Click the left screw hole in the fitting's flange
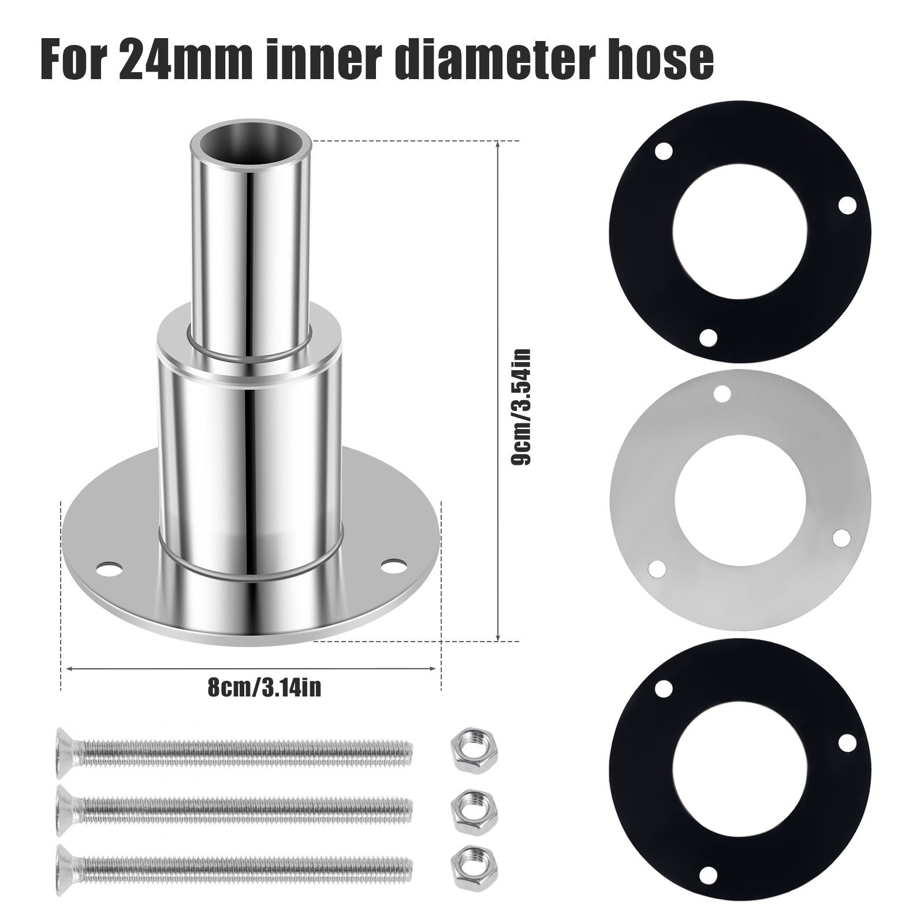[110, 568]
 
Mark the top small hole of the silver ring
[721, 393]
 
